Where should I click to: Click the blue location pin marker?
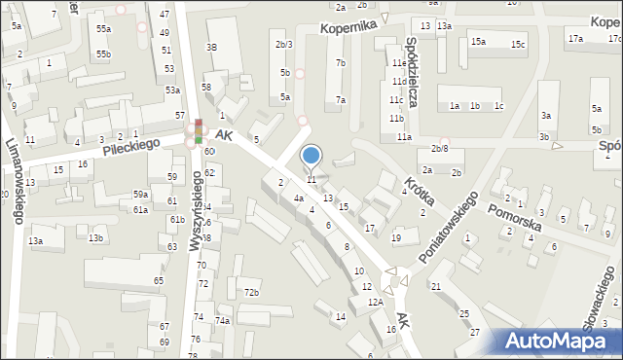coord(311,157)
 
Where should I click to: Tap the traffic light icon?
coord(199,131)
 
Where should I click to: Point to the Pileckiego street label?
coord(129,144)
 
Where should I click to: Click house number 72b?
coord(251,293)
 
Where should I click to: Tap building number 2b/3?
coord(283,45)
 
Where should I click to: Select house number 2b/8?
coord(440,149)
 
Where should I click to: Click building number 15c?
coord(518,45)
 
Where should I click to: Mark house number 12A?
coord(376,303)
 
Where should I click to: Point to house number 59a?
coord(140,195)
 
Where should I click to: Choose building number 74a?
coord(222,321)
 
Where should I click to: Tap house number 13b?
coord(95,238)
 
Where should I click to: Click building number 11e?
coord(398,62)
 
